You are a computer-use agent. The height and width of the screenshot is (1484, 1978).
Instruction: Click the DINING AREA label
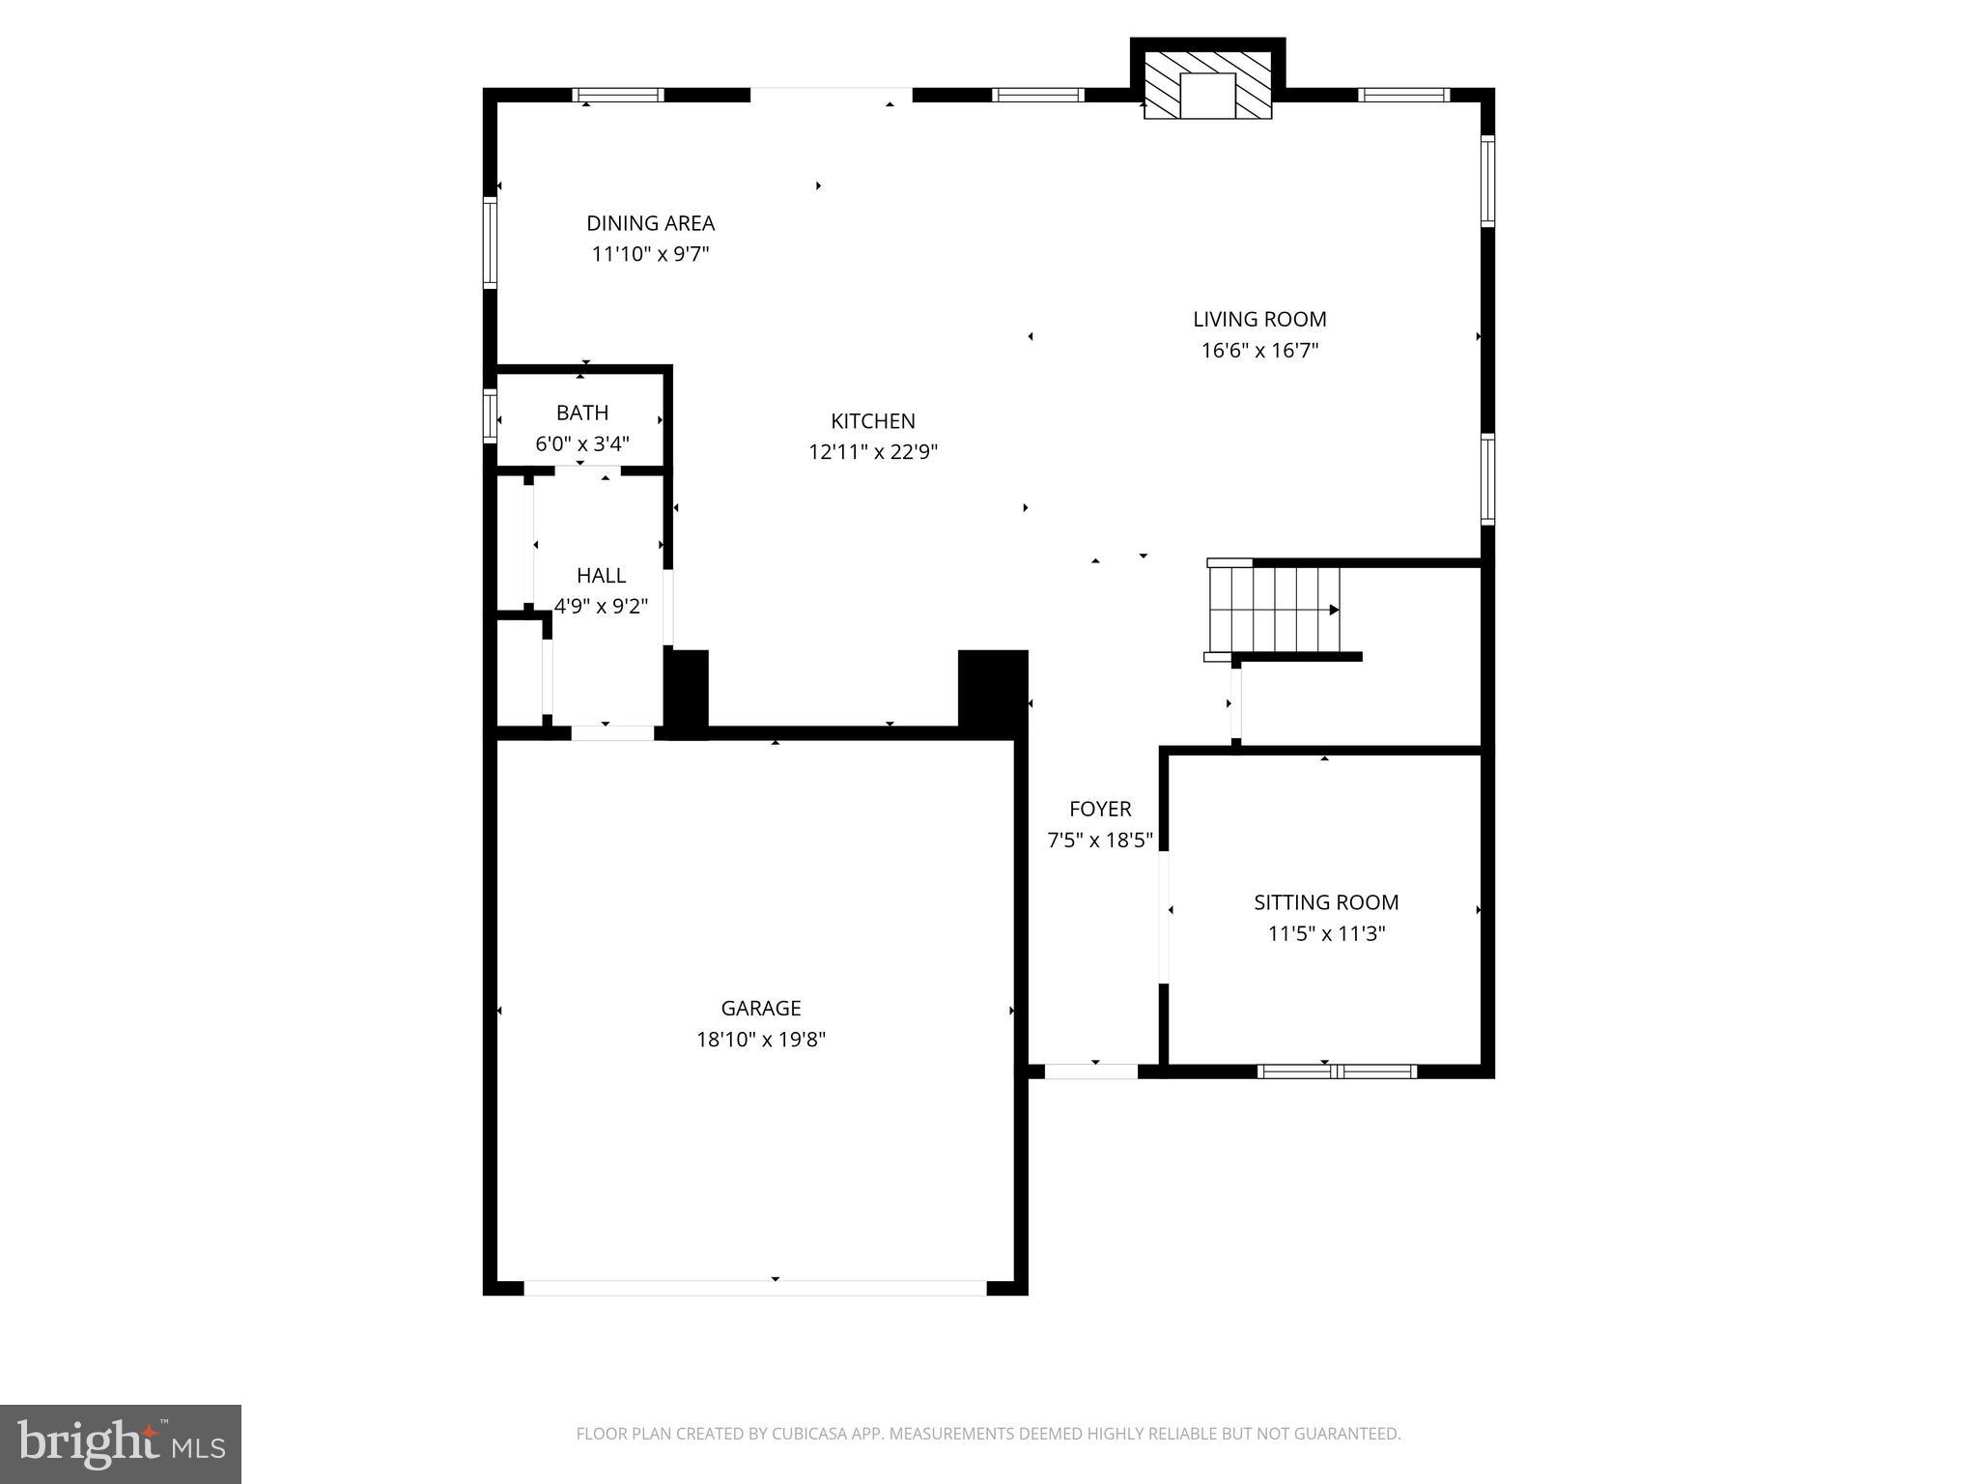[x=650, y=223]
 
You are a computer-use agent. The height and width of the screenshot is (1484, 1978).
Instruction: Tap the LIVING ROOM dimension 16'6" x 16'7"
[x=1259, y=351]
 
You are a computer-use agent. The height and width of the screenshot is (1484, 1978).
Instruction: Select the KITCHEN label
[x=873, y=421]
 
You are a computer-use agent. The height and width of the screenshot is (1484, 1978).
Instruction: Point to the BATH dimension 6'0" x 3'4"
[x=582, y=444]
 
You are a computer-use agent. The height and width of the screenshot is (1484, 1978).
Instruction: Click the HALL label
[x=601, y=576]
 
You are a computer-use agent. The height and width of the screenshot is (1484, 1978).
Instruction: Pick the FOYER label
[x=1100, y=809]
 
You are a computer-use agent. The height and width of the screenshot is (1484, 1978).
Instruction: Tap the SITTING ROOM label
[x=1326, y=902]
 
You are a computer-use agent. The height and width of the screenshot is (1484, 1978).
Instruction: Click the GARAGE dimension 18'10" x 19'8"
[x=761, y=1040]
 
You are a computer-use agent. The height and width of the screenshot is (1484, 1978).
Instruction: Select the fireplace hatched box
[x=1207, y=85]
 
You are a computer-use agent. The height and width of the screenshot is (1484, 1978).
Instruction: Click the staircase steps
[x=1275, y=610]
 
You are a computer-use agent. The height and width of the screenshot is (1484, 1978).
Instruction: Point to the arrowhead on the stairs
[x=1334, y=610]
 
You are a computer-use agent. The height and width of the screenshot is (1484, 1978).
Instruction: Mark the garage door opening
[x=755, y=1288]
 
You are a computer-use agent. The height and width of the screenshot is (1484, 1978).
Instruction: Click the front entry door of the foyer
[x=1091, y=1070]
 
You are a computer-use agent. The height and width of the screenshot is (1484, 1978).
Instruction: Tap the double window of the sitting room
[x=1337, y=1070]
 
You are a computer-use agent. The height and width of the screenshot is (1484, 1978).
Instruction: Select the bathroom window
[x=490, y=415]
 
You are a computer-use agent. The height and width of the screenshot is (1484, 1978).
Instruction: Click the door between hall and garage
[x=612, y=733]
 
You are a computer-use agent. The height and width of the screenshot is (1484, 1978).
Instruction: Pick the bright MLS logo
[x=121, y=1444]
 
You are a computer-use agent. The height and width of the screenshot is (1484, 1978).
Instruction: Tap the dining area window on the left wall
[x=490, y=243]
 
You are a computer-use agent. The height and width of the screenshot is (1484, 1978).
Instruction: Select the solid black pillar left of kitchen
[x=687, y=692]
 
